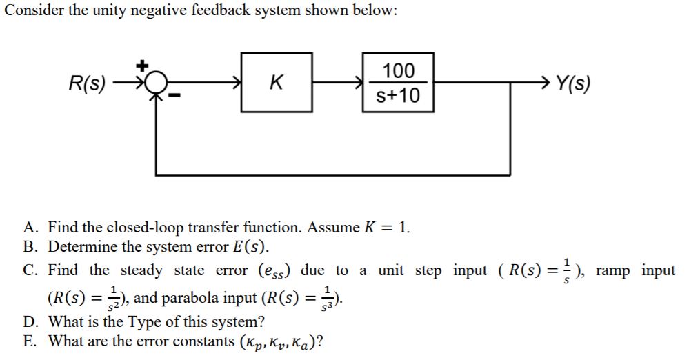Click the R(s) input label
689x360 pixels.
click(88, 85)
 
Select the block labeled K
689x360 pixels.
click(276, 83)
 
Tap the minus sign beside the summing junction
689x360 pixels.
click(174, 99)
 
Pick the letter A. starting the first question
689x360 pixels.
click(30, 228)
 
